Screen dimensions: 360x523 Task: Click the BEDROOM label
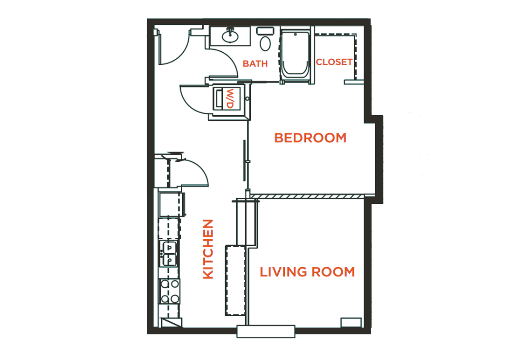tap(310, 138)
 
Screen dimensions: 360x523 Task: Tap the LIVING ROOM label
tap(307, 272)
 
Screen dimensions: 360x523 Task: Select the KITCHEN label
tap(208, 249)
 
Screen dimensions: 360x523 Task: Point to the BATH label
tap(255, 63)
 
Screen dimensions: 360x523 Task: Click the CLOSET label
tap(334, 62)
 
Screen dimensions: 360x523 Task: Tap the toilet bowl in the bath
tap(265, 44)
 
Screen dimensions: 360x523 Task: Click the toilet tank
tap(265, 31)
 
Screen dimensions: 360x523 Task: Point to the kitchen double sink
tap(169, 253)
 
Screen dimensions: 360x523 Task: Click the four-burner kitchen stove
tap(169, 291)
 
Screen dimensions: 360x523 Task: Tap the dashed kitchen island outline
tap(235, 280)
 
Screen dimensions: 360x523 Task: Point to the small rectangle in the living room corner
tap(351, 322)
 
